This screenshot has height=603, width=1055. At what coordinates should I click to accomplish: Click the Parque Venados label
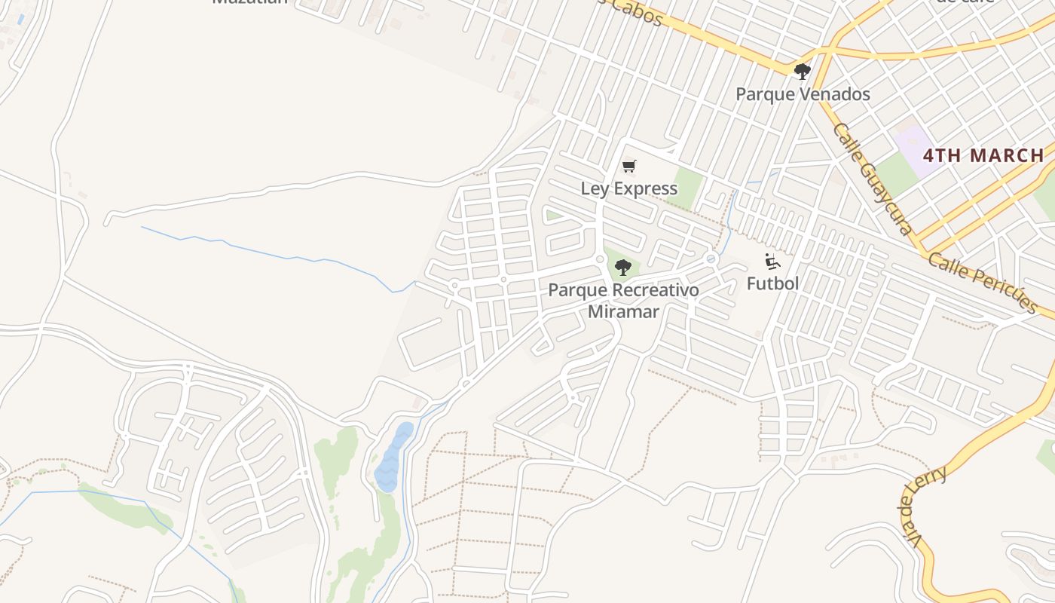pyautogui.click(x=803, y=94)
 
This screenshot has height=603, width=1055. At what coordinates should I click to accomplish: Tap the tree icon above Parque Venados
pyautogui.click(x=802, y=72)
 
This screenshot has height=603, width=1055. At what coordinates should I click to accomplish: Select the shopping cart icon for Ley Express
pyautogui.click(x=628, y=167)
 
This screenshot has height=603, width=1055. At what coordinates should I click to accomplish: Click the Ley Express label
pyautogui.click(x=628, y=188)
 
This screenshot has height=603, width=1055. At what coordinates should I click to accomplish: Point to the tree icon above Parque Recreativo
pyautogui.click(x=622, y=267)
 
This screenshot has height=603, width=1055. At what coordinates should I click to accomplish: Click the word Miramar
pyautogui.click(x=623, y=311)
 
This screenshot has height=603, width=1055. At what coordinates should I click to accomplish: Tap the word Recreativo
pyautogui.click(x=650, y=290)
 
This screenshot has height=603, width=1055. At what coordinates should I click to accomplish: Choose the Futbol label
pyautogui.click(x=772, y=283)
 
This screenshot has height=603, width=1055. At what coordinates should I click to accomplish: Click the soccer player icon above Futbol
pyautogui.click(x=772, y=262)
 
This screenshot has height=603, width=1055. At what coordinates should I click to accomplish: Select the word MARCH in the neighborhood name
pyautogui.click(x=1007, y=156)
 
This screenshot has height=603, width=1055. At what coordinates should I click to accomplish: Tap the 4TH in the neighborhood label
pyautogui.click(x=943, y=156)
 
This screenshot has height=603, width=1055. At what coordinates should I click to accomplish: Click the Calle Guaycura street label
pyautogui.click(x=873, y=179)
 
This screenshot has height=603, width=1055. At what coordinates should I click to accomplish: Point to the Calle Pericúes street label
pyautogui.click(x=983, y=283)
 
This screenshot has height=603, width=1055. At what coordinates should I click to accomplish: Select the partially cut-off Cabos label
pyautogui.click(x=637, y=11)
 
